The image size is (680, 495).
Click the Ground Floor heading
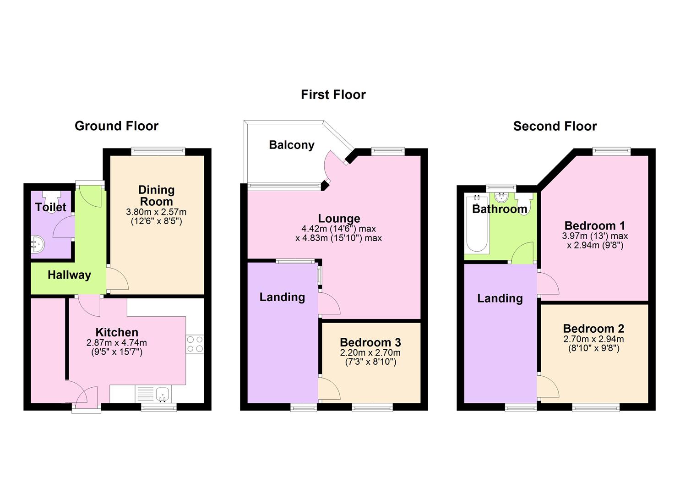click(117, 126)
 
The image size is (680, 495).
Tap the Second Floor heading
click(555, 126)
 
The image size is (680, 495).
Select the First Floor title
click(333, 94)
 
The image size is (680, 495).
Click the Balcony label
click(291, 145)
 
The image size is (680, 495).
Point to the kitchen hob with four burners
click(195, 344)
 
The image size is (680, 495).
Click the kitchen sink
click(163, 394)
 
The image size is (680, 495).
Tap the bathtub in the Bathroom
click(477, 224)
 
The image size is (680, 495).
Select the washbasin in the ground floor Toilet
click(38, 244)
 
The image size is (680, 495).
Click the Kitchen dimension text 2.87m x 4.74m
click(117, 343)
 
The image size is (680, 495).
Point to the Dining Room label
click(156, 196)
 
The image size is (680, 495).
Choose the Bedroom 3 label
click(370, 342)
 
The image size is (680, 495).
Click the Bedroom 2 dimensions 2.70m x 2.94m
click(593, 339)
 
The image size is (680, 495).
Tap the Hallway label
click(69, 275)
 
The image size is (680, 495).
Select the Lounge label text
click(339, 219)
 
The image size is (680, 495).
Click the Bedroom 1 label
click(595, 226)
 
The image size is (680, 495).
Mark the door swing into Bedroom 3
click(329, 388)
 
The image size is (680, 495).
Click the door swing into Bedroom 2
click(548, 386)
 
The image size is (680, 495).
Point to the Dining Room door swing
click(117, 278)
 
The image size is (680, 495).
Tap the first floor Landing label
click(282, 297)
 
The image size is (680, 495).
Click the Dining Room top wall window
click(158, 151)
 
